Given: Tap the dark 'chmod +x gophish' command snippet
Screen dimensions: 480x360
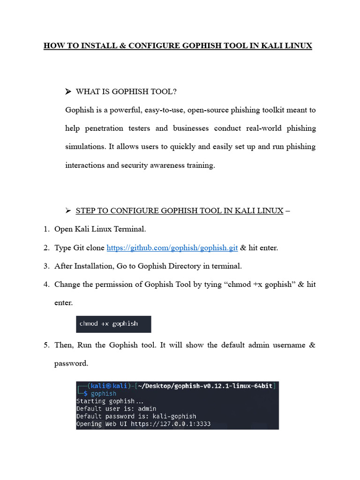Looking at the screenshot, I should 113,324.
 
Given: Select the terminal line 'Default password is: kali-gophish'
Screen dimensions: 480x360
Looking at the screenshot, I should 136,416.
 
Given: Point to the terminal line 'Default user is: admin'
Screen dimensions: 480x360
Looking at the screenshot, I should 116,408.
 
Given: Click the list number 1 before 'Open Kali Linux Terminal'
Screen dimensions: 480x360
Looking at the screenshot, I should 46,229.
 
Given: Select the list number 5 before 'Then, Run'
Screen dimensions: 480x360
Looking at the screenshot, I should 46,345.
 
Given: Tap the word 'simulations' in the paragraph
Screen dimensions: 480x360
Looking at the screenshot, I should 85,147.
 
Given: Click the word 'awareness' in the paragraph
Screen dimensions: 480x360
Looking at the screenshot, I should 162,165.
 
